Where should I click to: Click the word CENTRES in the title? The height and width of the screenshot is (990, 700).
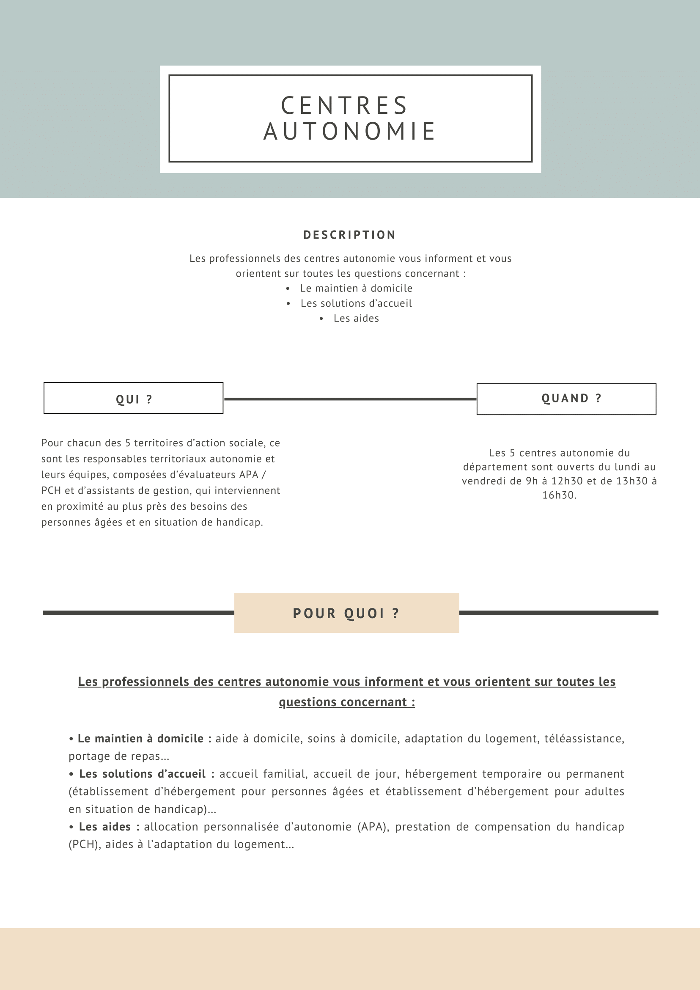[x=344, y=106]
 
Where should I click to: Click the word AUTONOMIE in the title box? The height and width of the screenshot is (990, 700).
[x=350, y=132]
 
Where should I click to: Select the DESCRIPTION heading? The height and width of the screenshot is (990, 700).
[x=349, y=235]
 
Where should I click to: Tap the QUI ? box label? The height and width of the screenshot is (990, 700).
[x=134, y=399]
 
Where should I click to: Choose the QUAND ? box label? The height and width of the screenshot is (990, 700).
[x=571, y=399]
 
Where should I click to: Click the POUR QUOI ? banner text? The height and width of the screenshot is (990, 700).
[x=346, y=613]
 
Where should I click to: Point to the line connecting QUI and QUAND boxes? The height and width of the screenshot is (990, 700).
[x=350, y=399]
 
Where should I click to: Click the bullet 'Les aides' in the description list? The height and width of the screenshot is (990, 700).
[x=356, y=319]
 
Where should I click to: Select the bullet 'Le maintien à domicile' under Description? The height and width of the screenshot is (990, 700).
[x=356, y=289]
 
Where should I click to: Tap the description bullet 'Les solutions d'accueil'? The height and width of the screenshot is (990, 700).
[x=356, y=303]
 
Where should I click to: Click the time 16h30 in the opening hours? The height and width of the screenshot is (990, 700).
[x=559, y=495]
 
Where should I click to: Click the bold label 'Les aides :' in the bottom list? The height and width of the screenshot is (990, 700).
[x=109, y=827]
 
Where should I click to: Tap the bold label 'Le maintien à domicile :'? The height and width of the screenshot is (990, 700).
[x=144, y=739]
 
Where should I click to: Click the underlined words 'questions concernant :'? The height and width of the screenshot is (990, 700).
[x=346, y=702]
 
